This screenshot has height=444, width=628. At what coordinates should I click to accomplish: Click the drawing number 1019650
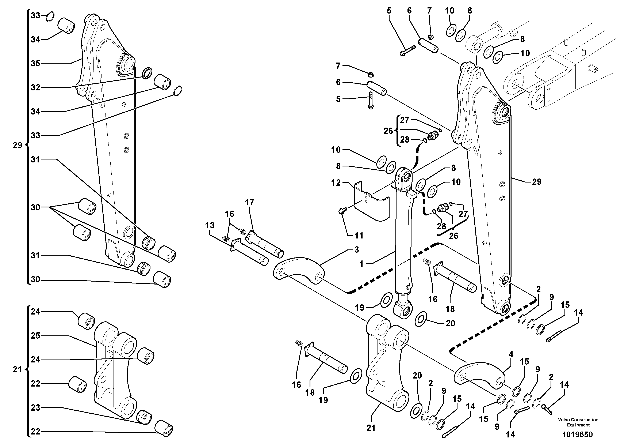coord(577,434)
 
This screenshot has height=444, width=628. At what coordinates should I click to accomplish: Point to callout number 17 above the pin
coord(250,202)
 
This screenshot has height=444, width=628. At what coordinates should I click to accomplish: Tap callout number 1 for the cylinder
coord(362,264)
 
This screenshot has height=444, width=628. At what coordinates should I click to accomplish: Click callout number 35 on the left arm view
coord(36,64)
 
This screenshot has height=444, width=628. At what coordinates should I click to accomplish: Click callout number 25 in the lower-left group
coord(36,336)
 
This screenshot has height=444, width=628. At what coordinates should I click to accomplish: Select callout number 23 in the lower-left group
coord(36,408)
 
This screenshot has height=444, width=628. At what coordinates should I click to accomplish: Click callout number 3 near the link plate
coord(357,250)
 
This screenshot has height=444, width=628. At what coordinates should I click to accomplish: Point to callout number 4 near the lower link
coord(511,354)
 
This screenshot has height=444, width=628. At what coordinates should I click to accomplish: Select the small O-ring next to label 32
coord(148,73)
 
